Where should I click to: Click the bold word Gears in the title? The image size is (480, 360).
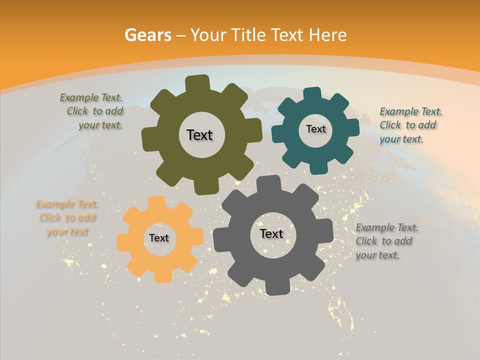147,35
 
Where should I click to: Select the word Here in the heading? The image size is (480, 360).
327,35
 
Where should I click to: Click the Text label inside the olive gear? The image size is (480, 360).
199,135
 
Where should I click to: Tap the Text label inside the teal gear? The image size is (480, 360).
315,129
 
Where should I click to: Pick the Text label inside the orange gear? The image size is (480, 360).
159,238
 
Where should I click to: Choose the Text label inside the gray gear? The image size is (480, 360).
271,234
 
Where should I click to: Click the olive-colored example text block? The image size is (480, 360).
92,111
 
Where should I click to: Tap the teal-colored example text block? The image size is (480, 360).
410,125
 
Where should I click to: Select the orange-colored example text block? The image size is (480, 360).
67,218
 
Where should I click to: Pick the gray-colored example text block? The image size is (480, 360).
386,241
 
